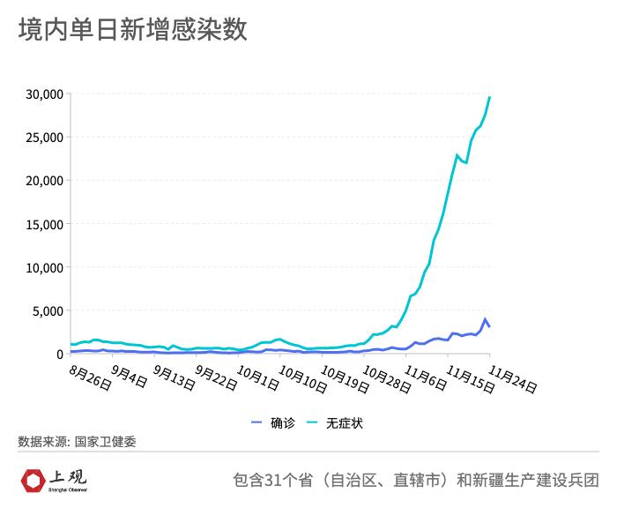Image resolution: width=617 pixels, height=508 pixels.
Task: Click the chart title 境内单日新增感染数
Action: tap(132, 30)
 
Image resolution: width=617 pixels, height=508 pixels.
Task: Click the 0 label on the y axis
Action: tap(59, 354)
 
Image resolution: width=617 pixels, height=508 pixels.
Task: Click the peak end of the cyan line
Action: tap(490, 97)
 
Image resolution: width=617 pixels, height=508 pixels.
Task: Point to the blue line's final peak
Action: tap(485, 319)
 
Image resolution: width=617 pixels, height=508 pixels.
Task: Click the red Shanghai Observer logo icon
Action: tap(33, 481)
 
